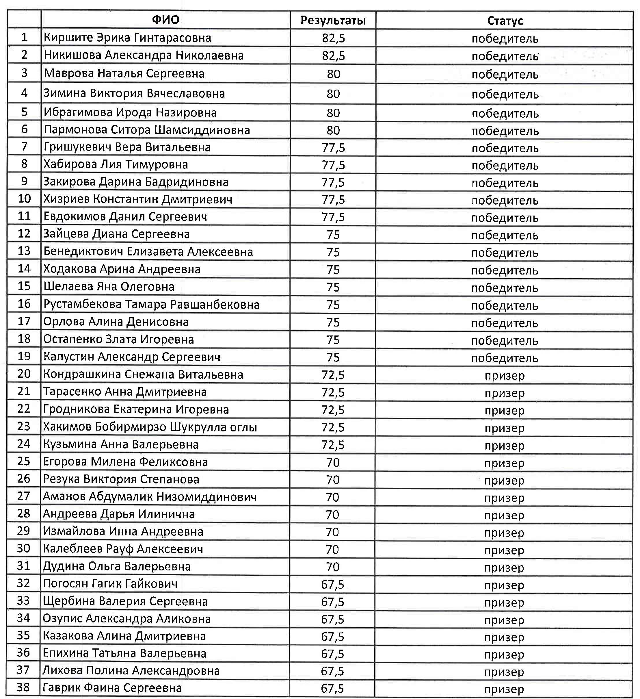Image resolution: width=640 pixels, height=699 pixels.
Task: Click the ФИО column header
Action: click(x=165, y=20)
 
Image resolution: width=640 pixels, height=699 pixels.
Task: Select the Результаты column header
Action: click(x=333, y=21)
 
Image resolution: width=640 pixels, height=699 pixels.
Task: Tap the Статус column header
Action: click(x=505, y=21)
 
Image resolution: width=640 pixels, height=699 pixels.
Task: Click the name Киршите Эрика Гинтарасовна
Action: click(x=127, y=38)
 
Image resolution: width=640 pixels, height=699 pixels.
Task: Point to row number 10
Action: click(x=24, y=199)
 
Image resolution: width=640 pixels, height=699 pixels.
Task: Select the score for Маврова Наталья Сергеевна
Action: click(x=333, y=74)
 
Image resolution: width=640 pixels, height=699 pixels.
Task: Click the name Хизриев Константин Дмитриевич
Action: click(x=137, y=199)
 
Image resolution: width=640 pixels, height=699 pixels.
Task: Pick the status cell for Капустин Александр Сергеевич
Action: click(x=505, y=358)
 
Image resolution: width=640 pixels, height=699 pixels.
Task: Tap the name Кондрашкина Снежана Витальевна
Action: click(x=143, y=374)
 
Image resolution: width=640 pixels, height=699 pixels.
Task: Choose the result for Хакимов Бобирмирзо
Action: click(x=333, y=427)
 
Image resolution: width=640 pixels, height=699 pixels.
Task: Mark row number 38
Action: click(x=23, y=687)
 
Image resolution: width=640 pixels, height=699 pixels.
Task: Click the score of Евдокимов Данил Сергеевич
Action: click(x=333, y=217)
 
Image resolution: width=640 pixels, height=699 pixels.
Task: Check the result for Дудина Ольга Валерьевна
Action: click(x=332, y=567)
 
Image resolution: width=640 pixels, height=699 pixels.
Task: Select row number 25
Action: click(x=24, y=461)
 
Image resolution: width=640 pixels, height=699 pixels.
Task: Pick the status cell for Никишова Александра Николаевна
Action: click(x=505, y=56)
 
